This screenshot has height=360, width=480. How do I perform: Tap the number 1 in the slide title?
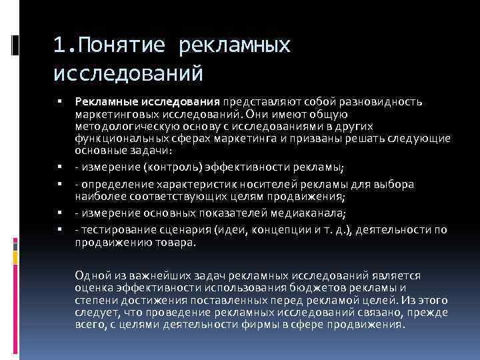(x=61, y=46)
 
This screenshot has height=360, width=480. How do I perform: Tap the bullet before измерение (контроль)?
(x=59, y=166)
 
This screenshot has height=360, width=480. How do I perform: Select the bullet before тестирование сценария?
(x=59, y=230)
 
